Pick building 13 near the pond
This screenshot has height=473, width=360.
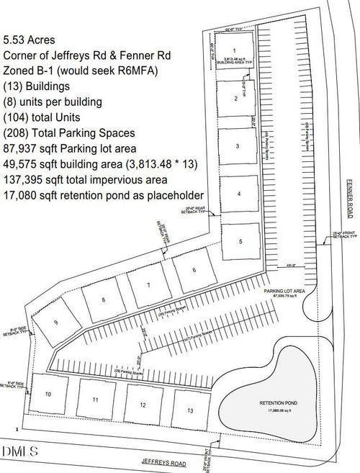pyautogui.click(x=189, y=410)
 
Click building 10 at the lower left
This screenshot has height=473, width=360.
pyautogui.click(x=48, y=395)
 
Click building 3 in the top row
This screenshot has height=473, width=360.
pyautogui.click(x=237, y=145)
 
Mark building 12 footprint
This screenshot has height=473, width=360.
pyautogui.click(x=143, y=405)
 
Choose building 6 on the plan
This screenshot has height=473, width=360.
pyautogui.click(x=194, y=271)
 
